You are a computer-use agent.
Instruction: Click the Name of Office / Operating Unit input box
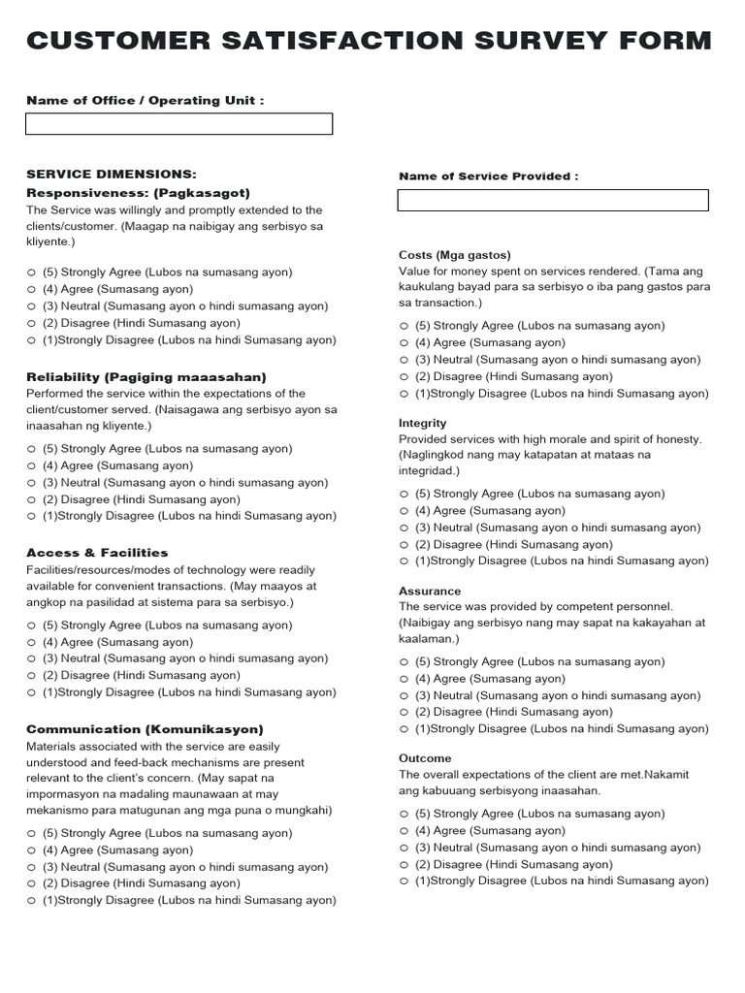178,124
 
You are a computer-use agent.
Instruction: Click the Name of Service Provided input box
553,201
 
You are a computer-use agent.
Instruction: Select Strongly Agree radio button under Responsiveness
32,272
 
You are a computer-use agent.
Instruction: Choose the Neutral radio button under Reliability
32,483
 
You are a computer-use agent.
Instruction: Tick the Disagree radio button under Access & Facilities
32,676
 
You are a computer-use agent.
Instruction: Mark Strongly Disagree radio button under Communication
32,901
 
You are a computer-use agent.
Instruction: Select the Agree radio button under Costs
405,343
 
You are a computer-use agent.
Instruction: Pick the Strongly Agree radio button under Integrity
405,495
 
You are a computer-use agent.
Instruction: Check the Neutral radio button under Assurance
405,696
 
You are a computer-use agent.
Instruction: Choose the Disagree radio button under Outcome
405,865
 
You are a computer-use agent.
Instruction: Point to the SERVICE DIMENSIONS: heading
111,175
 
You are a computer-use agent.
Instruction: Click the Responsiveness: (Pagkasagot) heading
138,193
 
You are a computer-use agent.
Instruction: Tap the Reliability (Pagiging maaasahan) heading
146,376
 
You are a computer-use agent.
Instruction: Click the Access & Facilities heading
97,553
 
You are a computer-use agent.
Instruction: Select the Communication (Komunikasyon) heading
145,729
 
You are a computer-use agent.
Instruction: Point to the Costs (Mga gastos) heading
454,255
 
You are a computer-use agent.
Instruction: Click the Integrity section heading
423,423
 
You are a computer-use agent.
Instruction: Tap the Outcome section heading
425,758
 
